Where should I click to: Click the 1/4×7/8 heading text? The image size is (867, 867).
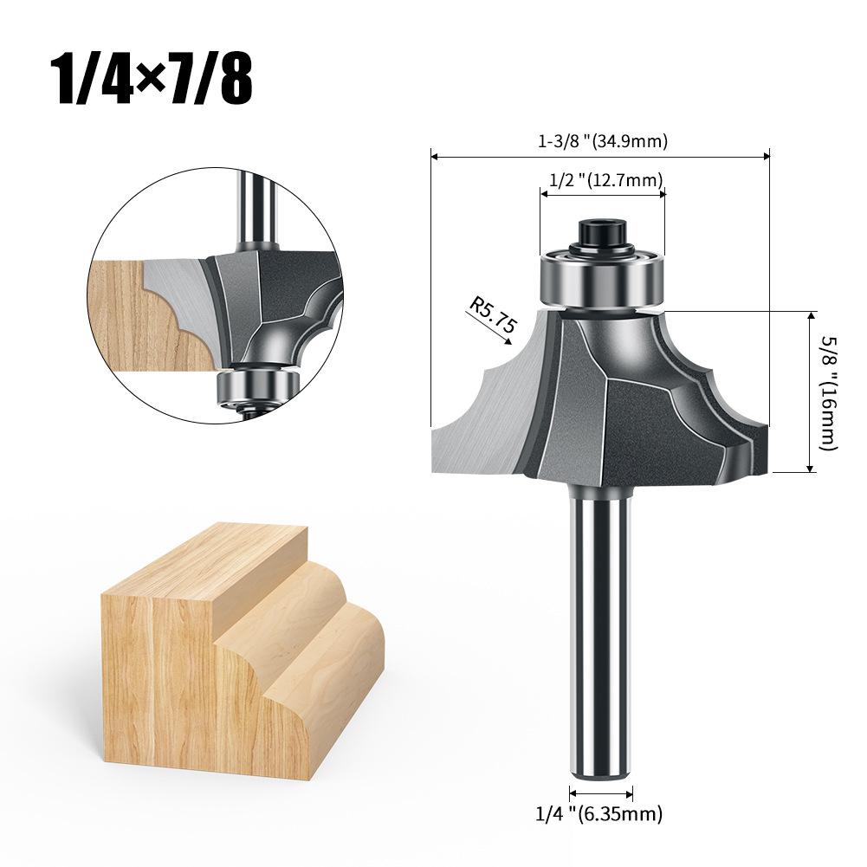tap(152, 79)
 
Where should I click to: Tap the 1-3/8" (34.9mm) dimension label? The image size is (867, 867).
tap(603, 141)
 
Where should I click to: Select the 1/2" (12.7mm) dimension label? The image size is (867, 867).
tap(605, 180)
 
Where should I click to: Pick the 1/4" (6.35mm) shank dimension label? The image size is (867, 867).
tap(598, 813)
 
